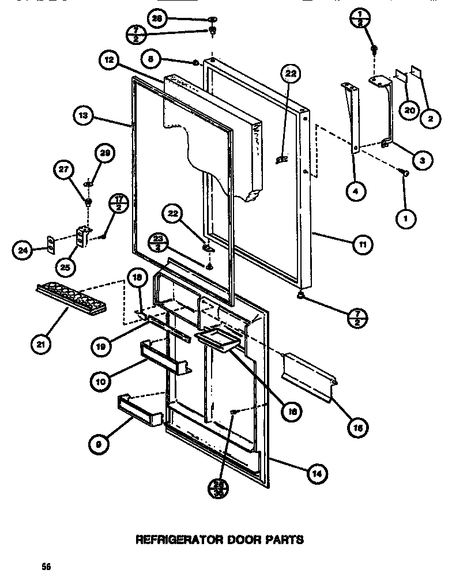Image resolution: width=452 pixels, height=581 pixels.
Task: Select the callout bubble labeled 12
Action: point(108,59)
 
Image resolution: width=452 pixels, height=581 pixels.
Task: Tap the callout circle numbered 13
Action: point(84,116)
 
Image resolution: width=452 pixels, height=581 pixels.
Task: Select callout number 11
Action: point(361,244)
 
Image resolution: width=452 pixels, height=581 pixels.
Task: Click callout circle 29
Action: point(106,154)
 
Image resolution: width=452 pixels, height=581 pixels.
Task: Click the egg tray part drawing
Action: point(71,297)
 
